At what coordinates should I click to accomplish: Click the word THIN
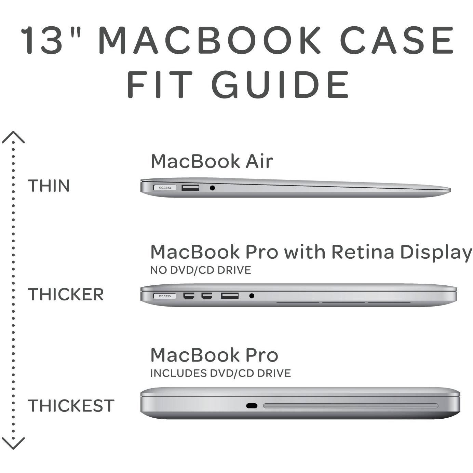pos(49,186)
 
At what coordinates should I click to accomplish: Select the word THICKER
pos(66,294)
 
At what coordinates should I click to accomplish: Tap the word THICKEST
pos(71,405)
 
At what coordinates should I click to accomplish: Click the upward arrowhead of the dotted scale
pos(13,137)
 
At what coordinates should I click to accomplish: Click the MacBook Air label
pos(212,162)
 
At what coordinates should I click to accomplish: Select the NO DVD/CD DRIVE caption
pos(201,270)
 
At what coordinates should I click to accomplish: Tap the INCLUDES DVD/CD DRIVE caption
pos(220,373)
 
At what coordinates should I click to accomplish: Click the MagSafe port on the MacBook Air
pos(165,188)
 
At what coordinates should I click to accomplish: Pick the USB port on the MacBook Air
pos(190,188)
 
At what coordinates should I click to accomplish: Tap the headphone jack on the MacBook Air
pos(213,188)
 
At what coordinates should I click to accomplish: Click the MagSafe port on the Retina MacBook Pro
pos(165,296)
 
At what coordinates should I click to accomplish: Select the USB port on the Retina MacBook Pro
pos(230,296)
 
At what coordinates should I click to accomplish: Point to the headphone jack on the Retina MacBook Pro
pos(252,296)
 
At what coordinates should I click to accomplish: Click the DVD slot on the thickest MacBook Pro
pos(351,406)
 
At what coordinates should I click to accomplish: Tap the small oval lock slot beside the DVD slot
pos(252,406)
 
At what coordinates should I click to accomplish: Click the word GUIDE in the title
pos(280,84)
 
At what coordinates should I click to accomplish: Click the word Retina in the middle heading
pos(363,252)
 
